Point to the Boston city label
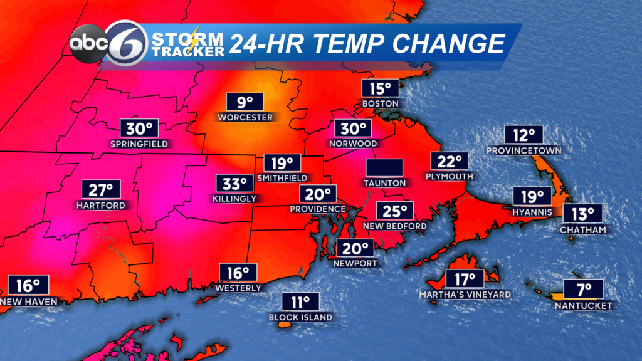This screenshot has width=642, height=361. click(x=381, y=103)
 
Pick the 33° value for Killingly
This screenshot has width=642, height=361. click(x=236, y=184)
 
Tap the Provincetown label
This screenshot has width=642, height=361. click(x=524, y=151)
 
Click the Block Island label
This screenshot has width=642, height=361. click(x=300, y=318)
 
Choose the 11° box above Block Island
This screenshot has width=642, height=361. click(x=300, y=303)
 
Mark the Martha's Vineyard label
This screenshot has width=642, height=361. click(x=465, y=295)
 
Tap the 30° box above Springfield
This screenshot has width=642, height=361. click(x=139, y=129)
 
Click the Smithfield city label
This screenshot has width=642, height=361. click(x=282, y=179)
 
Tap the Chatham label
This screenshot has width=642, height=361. click(x=584, y=230)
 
